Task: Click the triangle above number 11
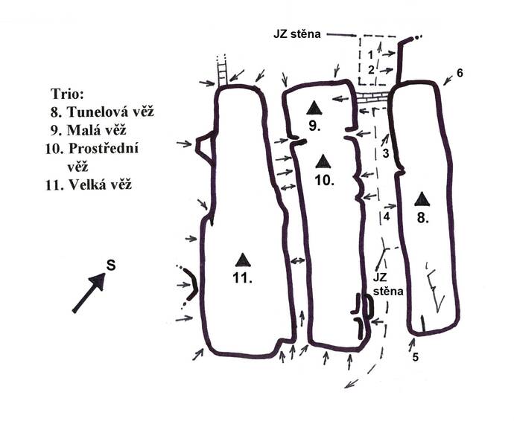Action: [x=243, y=260]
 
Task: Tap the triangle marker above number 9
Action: [x=314, y=108]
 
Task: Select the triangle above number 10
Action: [x=323, y=161]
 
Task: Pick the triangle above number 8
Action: [x=422, y=199]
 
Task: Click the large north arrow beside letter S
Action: [x=89, y=292]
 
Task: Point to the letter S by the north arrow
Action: [x=111, y=265]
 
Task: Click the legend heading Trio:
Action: [x=67, y=94]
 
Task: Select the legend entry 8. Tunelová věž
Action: [x=102, y=112]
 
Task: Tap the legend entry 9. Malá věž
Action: [x=88, y=130]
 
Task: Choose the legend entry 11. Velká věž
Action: [x=89, y=185]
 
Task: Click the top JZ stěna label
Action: [x=297, y=34]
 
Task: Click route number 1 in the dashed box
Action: [x=370, y=54]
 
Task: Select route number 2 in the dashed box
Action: [x=371, y=70]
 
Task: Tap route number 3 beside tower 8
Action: [x=386, y=153]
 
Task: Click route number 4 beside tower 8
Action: [x=387, y=216]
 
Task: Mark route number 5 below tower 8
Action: [x=416, y=357]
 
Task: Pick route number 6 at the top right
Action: [x=460, y=74]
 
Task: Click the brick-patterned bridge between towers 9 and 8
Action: [x=372, y=97]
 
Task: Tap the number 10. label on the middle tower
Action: [x=325, y=180]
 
